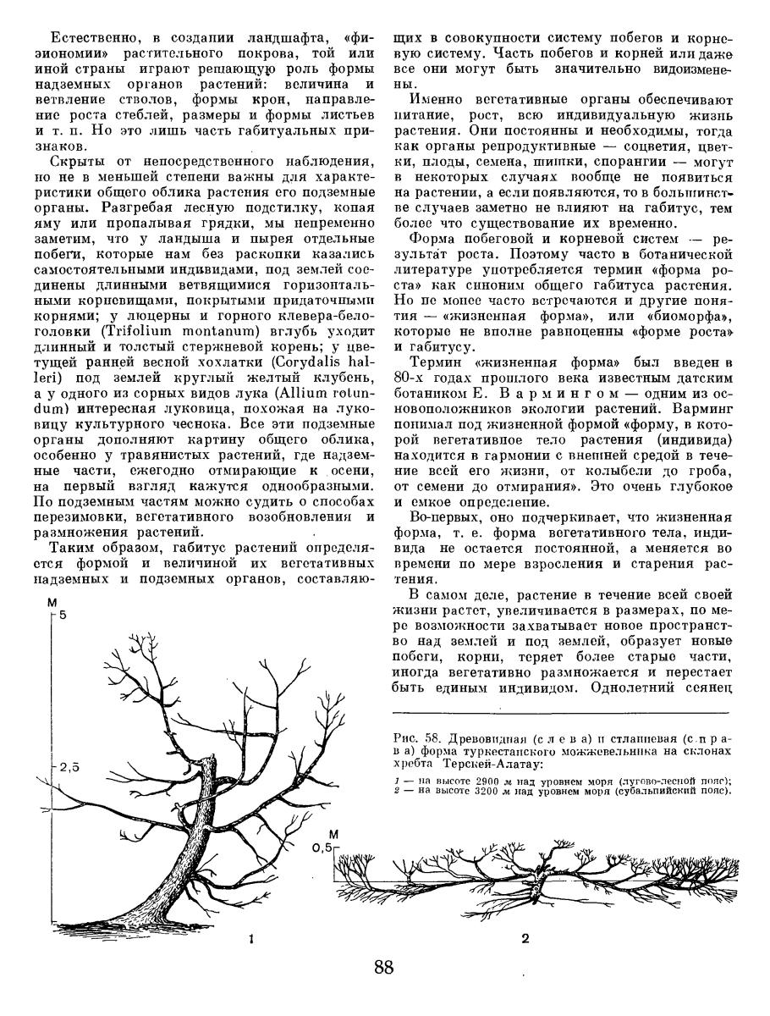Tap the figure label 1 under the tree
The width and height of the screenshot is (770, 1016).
tap(250, 938)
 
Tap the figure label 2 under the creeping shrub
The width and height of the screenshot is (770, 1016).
tap(525, 938)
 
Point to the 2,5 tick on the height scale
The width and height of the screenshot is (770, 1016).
tap(69, 768)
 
